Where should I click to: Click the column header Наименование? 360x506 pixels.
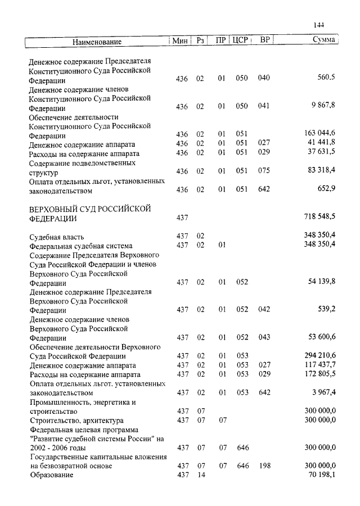(x=97, y=41)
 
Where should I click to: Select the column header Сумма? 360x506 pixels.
(x=323, y=40)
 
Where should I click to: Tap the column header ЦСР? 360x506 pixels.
(x=240, y=40)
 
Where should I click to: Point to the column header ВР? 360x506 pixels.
(x=265, y=40)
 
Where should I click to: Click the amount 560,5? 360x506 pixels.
(x=326, y=78)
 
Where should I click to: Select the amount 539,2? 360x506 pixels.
(x=326, y=309)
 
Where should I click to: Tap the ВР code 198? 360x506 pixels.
(x=264, y=466)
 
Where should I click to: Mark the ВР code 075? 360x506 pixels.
(x=264, y=171)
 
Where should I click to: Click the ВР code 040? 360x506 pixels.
(x=264, y=78)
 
